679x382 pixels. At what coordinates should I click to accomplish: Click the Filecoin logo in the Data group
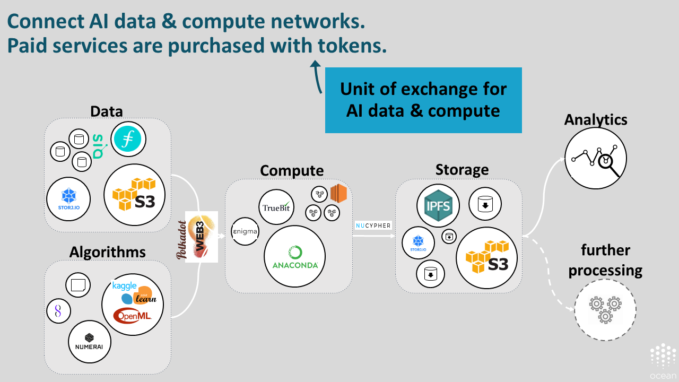click(128, 140)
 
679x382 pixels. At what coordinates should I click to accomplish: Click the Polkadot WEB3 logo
click(201, 237)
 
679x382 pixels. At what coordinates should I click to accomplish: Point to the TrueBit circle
click(276, 206)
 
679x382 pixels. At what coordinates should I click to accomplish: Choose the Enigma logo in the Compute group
click(245, 231)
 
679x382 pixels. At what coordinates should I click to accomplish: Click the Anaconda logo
click(295, 257)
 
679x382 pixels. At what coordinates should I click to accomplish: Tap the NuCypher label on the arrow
click(373, 225)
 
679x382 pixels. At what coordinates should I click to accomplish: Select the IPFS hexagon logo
click(438, 206)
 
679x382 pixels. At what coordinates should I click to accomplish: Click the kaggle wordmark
click(125, 286)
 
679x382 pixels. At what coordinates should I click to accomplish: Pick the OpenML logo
click(132, 316)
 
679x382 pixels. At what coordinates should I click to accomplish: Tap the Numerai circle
click(89, 342)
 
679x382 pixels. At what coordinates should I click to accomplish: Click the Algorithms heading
click(107, 252)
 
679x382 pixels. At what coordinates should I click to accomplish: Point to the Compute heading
click(291, 170)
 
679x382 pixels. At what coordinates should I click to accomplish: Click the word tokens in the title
click(350, 46)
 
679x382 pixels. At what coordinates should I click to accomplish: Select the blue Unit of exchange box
click(423, 100)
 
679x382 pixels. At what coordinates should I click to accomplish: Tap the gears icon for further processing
click(605, 310)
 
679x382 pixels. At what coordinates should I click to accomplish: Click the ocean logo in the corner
click(663, 361)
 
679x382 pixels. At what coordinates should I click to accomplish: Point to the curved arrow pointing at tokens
click(317, 77)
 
